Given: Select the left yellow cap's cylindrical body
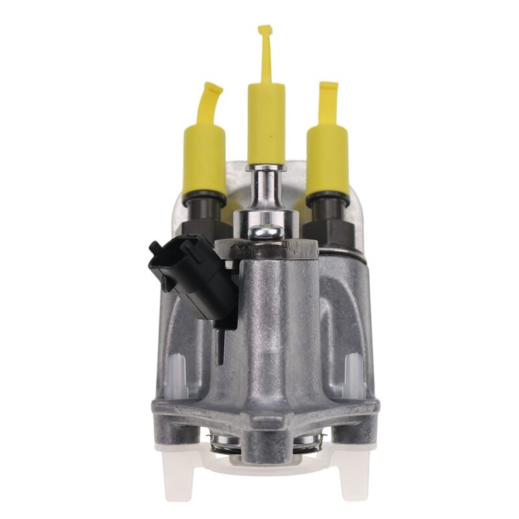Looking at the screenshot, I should [204, 159].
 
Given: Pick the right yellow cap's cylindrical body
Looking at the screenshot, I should [328, 159].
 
